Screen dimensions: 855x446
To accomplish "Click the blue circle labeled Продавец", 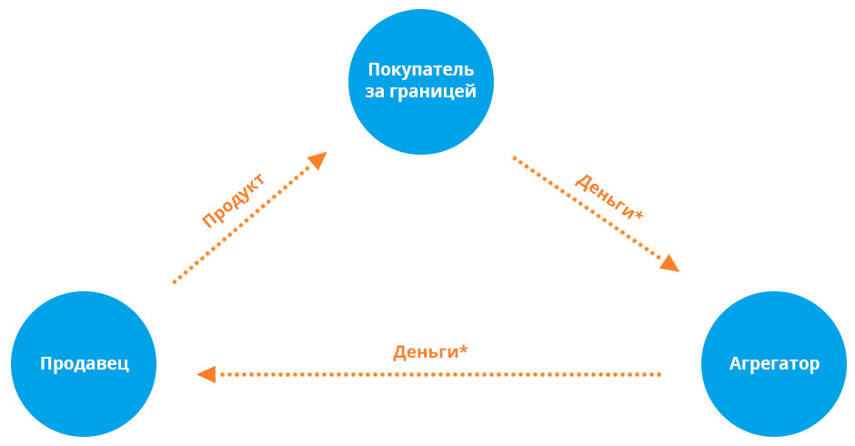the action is (x=84, y=364).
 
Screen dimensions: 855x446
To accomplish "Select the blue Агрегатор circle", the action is (x=774, y=364).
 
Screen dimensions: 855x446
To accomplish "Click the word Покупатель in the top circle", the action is (x=421, y=70).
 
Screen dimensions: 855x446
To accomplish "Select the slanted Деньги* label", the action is (x=609, y=194).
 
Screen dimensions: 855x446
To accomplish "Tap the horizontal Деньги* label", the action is (x=430, y=351).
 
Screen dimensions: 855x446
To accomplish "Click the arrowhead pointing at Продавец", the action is (x=206, y=373).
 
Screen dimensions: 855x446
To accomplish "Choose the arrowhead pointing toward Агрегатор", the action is (x=669, y=264).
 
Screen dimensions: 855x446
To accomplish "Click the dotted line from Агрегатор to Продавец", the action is (x=437, y=373).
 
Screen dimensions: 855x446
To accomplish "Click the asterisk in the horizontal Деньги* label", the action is (x=464, y=349).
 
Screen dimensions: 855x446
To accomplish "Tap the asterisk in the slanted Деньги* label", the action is (x=639, y=215).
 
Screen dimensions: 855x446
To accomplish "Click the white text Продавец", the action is (x=84, y=364).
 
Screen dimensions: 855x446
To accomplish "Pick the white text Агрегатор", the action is (x=774, y=364).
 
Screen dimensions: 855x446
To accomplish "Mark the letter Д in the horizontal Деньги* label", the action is (x=399, y=352).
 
